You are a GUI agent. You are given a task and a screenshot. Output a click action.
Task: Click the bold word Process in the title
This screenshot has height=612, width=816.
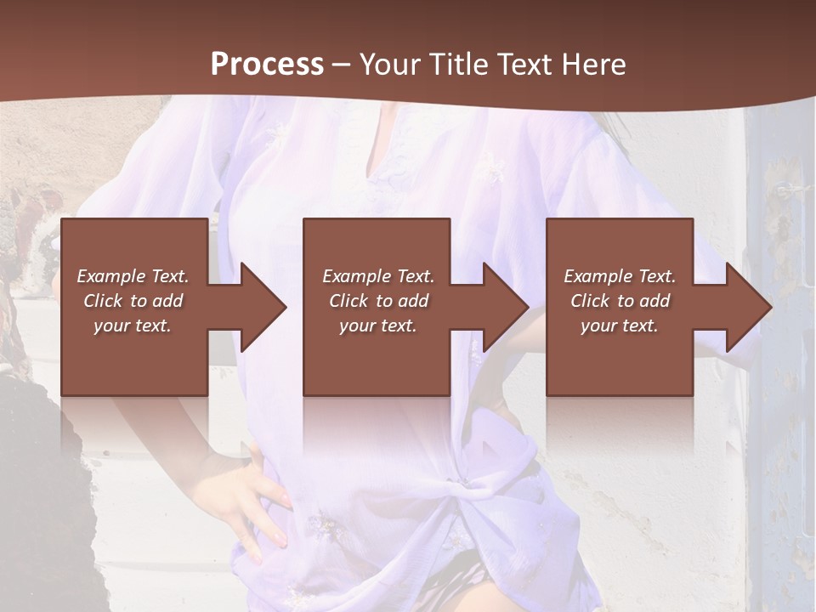coord(267,65)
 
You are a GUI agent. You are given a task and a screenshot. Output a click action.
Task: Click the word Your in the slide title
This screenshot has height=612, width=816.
coord(391,65)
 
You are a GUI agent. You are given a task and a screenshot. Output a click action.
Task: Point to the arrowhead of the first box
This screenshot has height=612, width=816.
coord(263,307)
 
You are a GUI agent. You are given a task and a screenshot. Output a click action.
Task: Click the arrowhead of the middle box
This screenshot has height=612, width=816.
coord(506,307)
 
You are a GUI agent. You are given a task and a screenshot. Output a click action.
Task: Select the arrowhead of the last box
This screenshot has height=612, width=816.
coord(749,307)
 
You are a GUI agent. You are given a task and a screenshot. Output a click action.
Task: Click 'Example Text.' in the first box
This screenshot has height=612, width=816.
coord(133,276)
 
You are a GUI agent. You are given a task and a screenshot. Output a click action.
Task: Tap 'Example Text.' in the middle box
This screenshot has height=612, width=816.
coord(378,276)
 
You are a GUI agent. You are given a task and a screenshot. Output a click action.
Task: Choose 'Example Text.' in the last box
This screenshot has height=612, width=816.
coord(620,276)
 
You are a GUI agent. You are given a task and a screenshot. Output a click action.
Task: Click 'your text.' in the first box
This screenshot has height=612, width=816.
coord(133,326)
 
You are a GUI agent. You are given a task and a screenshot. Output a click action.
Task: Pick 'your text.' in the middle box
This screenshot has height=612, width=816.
coord(378,326)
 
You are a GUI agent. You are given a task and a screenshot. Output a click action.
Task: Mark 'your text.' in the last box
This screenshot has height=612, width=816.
coord(620,326)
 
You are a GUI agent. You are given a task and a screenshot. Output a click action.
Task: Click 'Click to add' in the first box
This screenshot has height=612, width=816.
coord(133,301)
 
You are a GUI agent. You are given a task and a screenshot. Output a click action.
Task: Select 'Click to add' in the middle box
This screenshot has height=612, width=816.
coord(378,301)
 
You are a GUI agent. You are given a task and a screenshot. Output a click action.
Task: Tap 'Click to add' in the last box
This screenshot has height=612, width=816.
coord(620,301)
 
